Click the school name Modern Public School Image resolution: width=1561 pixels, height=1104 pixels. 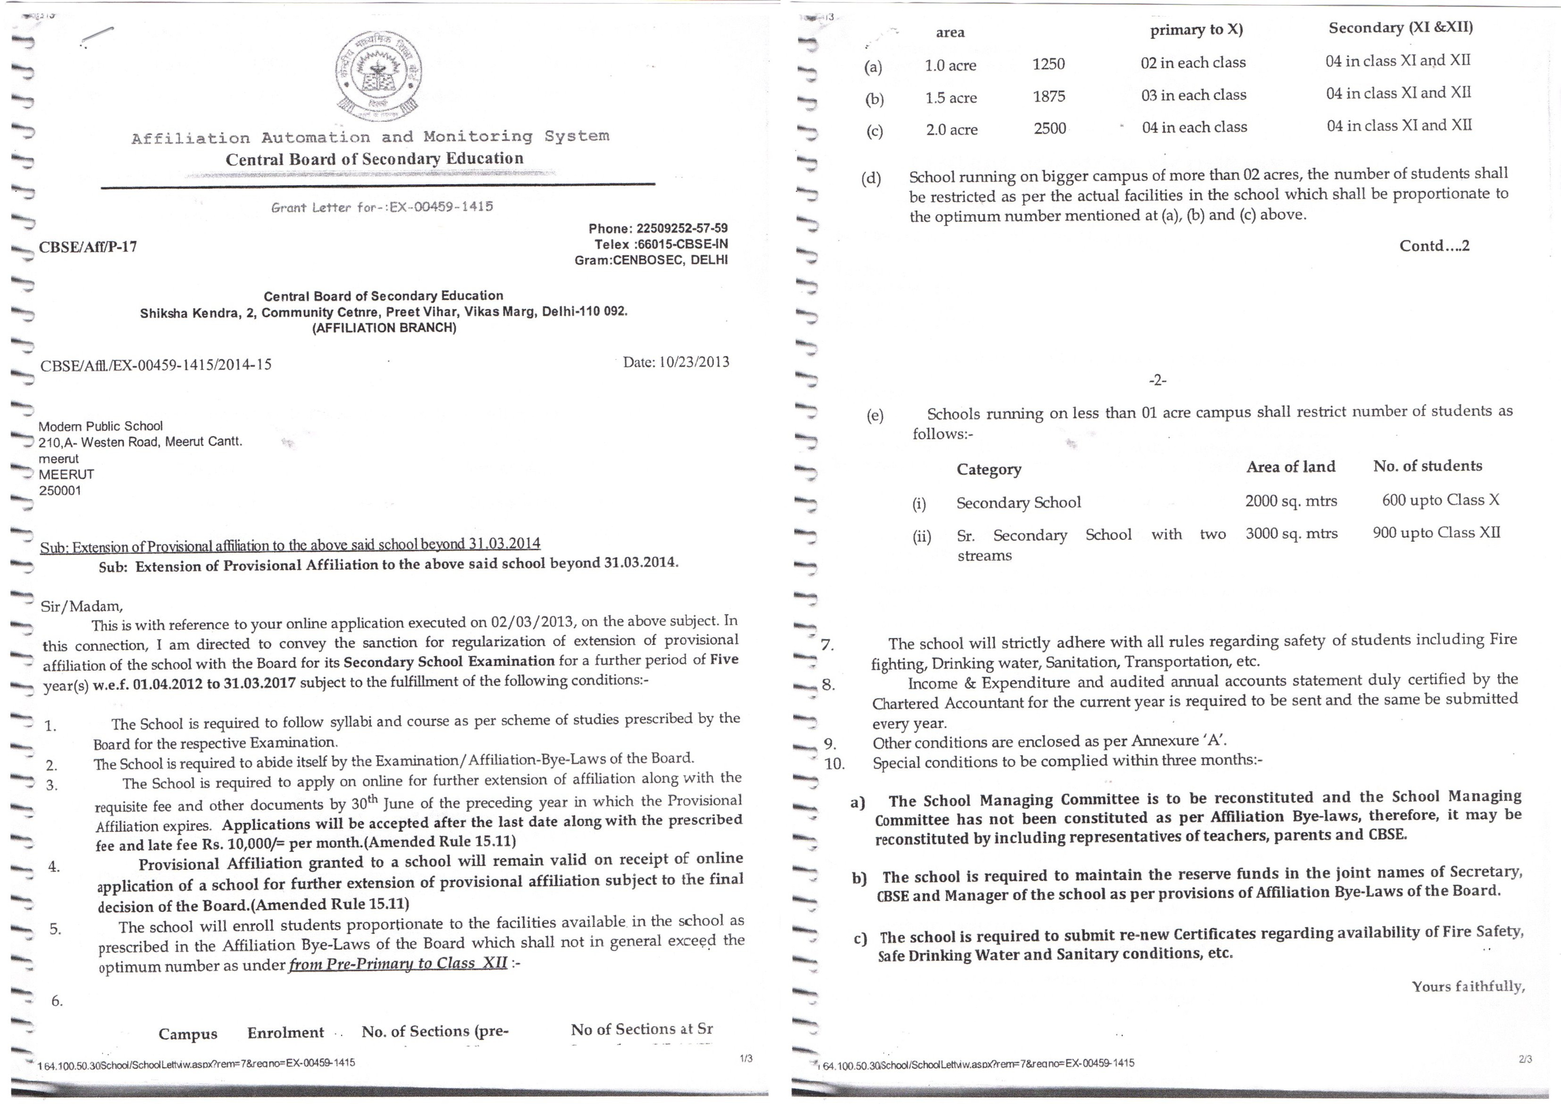pyautogui.click(x=101, y=426)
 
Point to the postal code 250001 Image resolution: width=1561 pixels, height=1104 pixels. pyautogui.click(x=60, y=491)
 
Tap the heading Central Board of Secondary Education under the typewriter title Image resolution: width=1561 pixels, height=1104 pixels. pyautogui.click(x=375, y=159)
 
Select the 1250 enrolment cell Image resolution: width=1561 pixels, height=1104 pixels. pyautogui.click(x=1049, y=64)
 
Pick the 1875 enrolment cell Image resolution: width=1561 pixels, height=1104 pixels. pyautogui.click(x=1049, y=97)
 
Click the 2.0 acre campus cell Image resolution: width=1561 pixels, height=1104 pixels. pyautogui.click(x=951, y=129)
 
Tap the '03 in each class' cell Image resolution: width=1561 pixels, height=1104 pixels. pyautogui.click(x=1193, y=95)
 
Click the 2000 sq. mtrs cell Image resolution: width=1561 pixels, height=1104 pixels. pyautogui.click(x=1291, y=501)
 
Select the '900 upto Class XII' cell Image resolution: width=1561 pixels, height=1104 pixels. pyautogui.click(x=1436, y=533)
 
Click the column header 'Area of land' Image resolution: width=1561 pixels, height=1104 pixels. pyautogui.click(x=1291, y=467)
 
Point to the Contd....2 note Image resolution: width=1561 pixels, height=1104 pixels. pyautogui.click(x=1434, y=246)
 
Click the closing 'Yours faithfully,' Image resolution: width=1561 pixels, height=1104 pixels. pyautogui.click(x=1468, y=986)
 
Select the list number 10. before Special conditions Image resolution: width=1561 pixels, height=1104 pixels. pyautogui.click(x=834, y=763)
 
